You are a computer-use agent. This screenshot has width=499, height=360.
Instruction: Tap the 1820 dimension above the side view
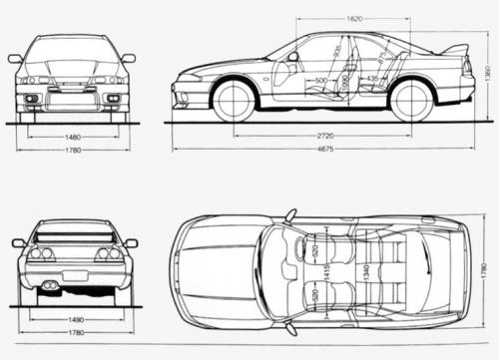(355, 18)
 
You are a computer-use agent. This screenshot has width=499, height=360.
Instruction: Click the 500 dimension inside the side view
(321, 80)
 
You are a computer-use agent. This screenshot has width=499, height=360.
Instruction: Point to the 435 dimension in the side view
(371, 78)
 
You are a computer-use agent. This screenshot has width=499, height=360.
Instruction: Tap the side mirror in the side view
(292, 57)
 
